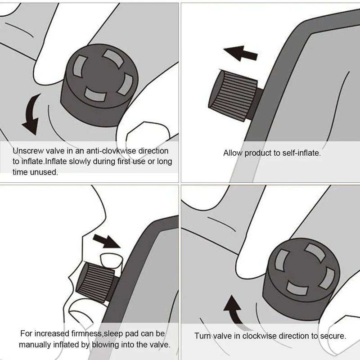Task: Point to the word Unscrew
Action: pos(27,151)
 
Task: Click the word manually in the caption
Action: pos(36,345)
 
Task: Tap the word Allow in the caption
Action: pos(233,153)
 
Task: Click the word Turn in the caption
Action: pos(202,336)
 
